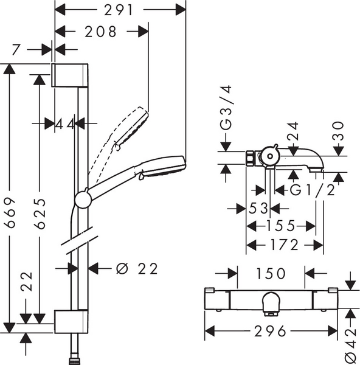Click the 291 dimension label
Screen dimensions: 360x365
tap(119, 10)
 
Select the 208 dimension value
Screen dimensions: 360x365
tap(100, 32)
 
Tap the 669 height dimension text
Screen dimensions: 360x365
tap(10, 213)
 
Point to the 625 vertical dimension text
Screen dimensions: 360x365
tap(40, 214)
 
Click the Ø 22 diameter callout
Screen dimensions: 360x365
tap(137, 269)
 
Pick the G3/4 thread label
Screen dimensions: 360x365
tap(226, 107)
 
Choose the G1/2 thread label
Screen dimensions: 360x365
tap(313, 190)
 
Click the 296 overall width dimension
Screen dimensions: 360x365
tap(270, 331)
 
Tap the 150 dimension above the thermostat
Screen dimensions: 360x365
tap(271, 273)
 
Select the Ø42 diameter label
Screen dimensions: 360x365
tap(351, 344)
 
